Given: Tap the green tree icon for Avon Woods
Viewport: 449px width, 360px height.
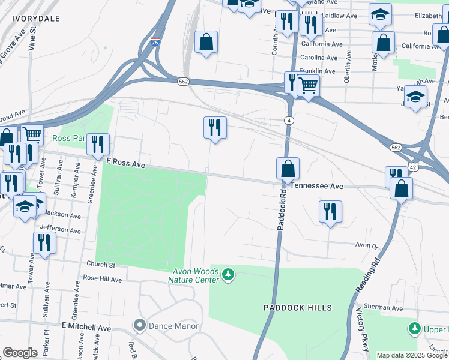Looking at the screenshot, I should [228, 275].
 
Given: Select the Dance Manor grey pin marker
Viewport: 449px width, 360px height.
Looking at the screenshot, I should [140, 326].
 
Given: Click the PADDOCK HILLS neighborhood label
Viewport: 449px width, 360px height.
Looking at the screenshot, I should [298, 308].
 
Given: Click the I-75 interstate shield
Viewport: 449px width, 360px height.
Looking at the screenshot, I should [155, 43].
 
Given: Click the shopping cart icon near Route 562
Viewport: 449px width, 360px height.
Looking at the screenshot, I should [308, 86].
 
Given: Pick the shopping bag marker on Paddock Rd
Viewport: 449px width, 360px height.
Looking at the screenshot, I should [288, 169].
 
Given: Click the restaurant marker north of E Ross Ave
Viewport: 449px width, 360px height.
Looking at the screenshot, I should [215, 128].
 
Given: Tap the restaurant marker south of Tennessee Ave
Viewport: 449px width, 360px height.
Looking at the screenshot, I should [330, 212].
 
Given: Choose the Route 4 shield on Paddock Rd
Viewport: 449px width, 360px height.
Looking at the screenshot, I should [289, 121].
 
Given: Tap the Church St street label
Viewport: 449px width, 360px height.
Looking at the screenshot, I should [100, 265].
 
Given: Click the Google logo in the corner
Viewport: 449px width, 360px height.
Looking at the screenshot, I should [20, 353].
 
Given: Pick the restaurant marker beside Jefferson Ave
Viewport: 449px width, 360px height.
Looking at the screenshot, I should [44, 242].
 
